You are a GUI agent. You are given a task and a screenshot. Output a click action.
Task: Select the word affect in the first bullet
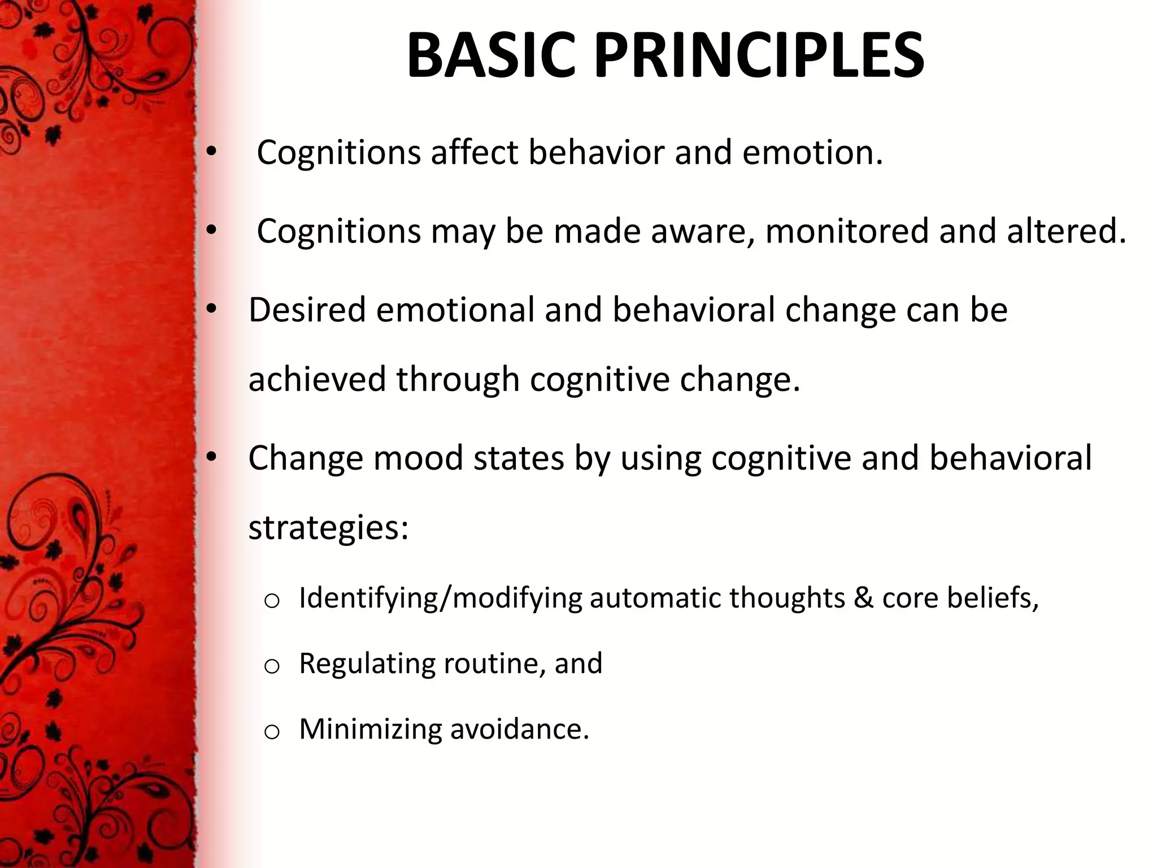click(x=474, y=153)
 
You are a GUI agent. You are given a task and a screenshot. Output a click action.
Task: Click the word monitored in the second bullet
click(x=846, y=231)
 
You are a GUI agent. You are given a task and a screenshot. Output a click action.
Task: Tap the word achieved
click(x=317, y=379)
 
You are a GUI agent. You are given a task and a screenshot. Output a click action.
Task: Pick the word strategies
click(x=328, y=528)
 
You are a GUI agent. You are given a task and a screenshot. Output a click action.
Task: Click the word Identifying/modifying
click(x=440, y=598)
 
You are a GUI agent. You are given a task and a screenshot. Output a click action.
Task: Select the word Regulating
click(x=367, y=664)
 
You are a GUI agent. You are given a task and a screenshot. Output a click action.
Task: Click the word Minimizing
click(x=369, y=729)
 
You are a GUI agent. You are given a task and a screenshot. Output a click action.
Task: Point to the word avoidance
click(x=519, y=729)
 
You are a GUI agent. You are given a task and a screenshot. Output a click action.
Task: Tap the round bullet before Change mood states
click(x=211, y=458)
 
